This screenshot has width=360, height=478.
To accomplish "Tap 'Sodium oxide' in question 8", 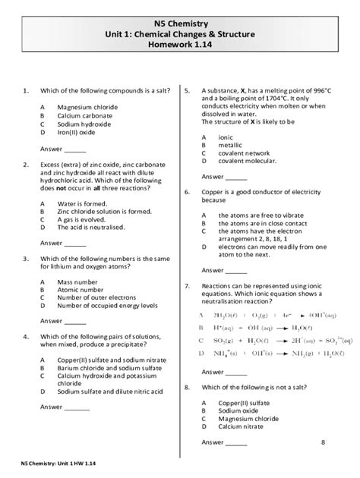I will coord(239,409).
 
